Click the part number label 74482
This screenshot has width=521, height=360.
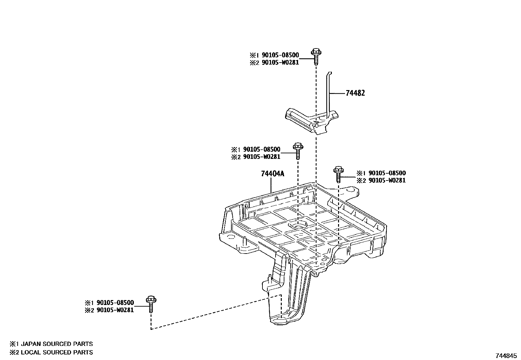tap(355, 93)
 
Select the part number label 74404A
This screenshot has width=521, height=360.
tap(272, 174)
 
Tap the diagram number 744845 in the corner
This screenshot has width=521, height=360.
tap(506, 355)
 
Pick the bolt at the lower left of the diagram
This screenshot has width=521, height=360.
tap(151, 304)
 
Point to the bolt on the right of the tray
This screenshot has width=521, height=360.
tap(338, 174)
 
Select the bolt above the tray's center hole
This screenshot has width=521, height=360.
tap(297, 150)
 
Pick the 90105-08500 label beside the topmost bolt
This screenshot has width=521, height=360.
tap(280, 55)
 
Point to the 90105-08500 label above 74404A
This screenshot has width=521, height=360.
tap(261, 150)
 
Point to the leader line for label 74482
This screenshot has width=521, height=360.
tap(337, 93)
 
